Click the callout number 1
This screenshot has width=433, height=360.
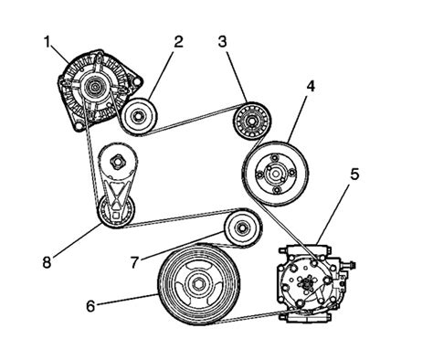click(x=47, y=42)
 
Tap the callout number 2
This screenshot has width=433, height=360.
click(x=178, y=42)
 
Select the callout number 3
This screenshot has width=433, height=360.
click(x=223, y=42)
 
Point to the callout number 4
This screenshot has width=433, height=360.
click(x=311, y=87)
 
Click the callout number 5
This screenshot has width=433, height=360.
click(x=354, y=175)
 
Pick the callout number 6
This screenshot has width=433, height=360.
click(x=90, y=306)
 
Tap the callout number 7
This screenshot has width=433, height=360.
click(x=135, y=262)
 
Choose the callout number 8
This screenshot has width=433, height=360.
click(x=47, y=262)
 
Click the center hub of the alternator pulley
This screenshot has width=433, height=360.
click(x=95, y=87)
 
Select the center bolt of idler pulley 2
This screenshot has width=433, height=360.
click(x=139, y=116)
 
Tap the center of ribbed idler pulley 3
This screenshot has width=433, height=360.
click(x=252, y=121)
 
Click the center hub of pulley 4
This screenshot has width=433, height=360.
click(x=276, y=174)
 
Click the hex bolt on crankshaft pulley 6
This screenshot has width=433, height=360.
click(x=198, y=284)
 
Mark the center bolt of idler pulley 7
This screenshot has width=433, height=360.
click(x=242, y=228)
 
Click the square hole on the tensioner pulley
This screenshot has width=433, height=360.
click(x=116, y=217)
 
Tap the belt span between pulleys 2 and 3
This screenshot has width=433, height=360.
click(x=195, y=119)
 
